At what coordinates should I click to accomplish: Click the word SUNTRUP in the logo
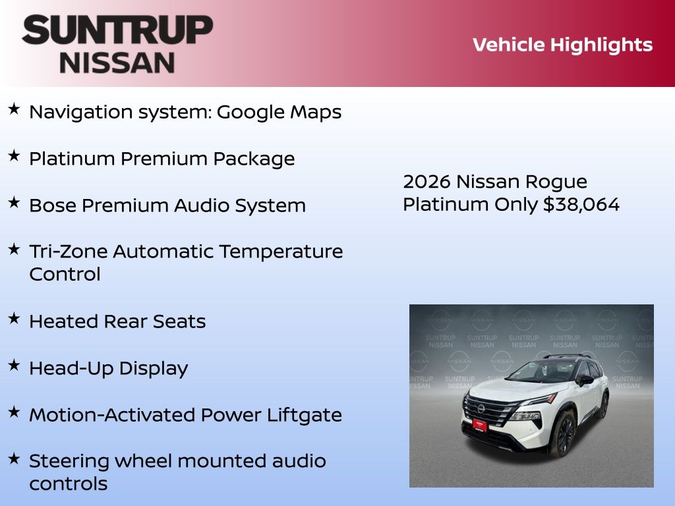pyautogui.click(x=117, y=30)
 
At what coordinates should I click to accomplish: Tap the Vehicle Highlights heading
pyautogui.click(x=562, y=45)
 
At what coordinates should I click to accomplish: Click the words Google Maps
pyautogui.click(x=279, y=112)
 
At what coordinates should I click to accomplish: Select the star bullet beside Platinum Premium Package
pyautogui.click(x=15, y=155)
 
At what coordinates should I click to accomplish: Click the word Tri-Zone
pyautogui.click(x=69, y=251)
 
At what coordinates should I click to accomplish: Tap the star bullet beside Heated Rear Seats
pyautogui.click(x=15, y=318)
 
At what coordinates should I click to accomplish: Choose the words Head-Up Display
pyautogui.click(x=109, y=369)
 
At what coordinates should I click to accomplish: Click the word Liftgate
pyautogui.click(x=305, y=415)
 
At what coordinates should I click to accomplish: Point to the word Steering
pyautogui.click(x=69, y=462)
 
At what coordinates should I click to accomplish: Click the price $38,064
pyautogui.click(x=581, y=204)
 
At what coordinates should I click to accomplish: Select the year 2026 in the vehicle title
pyautogui.click(x=426, y=182)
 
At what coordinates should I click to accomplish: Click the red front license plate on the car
pyautogui.click(x=480, y=425)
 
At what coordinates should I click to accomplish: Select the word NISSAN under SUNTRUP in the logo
pyautogui.click(x=117, y=63)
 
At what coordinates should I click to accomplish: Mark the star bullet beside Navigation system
pyautogui.click(x=15, y=109)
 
